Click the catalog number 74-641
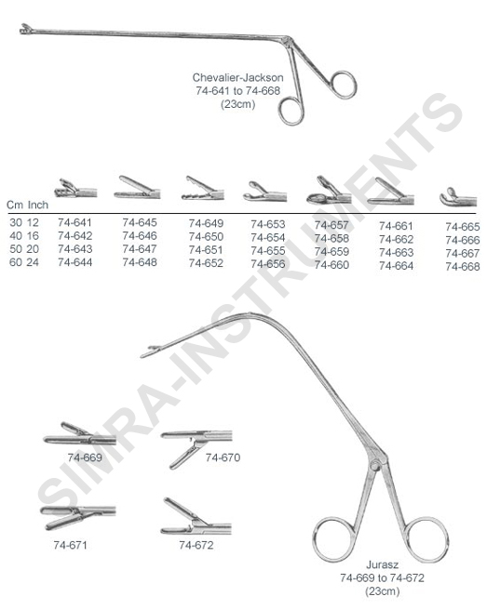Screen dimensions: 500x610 [74, 222]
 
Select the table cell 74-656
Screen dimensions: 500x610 [268, 264]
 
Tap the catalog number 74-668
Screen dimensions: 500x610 [463, 267]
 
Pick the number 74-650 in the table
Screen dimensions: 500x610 [206, 236]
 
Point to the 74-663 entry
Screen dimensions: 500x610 [396, 253]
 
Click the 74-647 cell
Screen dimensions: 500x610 [140, 249]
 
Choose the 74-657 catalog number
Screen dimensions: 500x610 [331, 225]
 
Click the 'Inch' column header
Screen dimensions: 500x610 [38, 205]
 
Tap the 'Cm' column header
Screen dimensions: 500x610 [14, 205]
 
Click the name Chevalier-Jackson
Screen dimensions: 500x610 [238, 77]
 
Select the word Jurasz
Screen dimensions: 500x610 [382, 564]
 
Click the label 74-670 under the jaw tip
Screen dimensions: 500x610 [223, 457]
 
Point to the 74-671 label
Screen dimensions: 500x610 [70, 545]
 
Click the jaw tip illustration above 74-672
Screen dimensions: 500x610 [196, 516]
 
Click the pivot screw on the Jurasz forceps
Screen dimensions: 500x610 [375, 465]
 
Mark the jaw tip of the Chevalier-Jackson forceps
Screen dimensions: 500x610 [27, 29]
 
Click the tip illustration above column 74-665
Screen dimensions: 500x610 [458, 198]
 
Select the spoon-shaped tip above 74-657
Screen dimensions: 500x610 [329, 192]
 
